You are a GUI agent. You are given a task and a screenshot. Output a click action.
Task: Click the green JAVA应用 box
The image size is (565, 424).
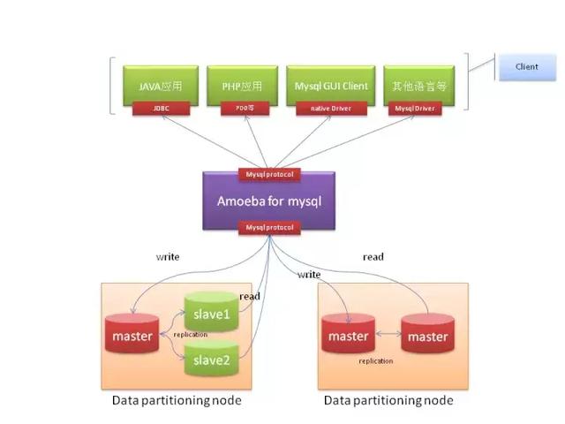click(162, 86)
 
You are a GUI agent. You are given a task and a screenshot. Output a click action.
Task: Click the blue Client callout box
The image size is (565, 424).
click(527, 66)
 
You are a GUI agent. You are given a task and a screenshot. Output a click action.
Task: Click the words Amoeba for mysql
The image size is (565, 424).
click(269, 201)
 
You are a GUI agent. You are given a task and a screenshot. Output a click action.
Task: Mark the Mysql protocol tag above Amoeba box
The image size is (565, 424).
click(269, 174)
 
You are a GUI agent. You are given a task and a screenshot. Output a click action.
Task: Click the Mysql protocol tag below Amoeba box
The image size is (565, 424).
click(269, 228)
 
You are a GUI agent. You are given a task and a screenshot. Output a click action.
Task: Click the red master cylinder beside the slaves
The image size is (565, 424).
click(132, 336)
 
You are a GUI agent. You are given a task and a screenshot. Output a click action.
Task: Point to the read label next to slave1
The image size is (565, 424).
click(250, 297)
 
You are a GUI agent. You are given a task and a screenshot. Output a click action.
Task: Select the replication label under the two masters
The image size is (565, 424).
click(375, 360)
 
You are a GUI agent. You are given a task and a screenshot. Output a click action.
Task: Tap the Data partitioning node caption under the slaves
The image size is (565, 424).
click(177, 400)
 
